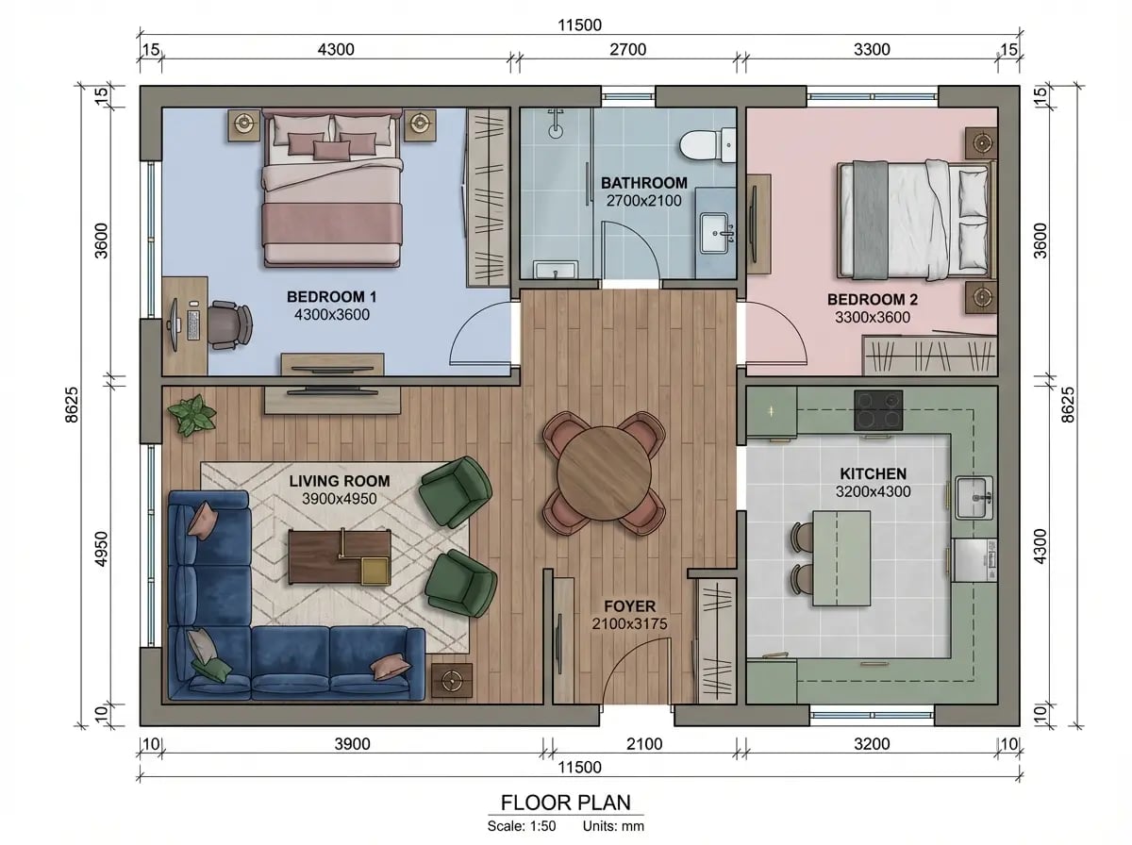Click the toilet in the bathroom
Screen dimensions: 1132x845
[706, 146]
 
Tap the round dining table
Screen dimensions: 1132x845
[604, 473]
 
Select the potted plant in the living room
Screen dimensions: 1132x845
[191, 415]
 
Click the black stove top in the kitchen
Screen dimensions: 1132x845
[878, 410]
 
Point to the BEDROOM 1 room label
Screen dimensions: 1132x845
[332, 297]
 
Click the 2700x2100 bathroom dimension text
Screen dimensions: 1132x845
[643, 201]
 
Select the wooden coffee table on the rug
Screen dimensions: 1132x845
[340, 557]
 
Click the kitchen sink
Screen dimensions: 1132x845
[974, 497]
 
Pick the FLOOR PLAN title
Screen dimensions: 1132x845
[566, 803]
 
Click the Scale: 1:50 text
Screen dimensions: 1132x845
[522, 826]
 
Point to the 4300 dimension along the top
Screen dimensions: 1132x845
[336, 49]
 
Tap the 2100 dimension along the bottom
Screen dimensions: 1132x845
[644, 744]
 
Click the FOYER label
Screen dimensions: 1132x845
[630, 606]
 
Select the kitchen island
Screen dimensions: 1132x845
[841, 558]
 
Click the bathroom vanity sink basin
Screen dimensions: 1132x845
[715, 234]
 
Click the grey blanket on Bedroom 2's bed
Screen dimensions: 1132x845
[870, 220]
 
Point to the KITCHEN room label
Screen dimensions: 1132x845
[874, 473]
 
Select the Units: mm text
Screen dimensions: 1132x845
[613, 826]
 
